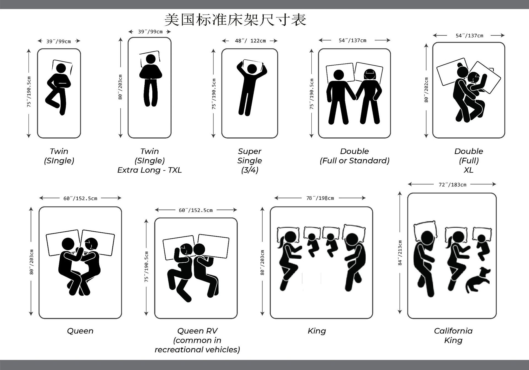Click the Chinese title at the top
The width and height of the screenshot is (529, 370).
coord(235,20)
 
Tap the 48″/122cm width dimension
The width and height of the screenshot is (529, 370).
coord(250,41)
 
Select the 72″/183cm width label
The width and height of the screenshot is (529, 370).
coord(452,185)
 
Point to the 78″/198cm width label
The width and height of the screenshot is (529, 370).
coord(320,198)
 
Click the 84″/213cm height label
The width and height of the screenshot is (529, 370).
coord(400,253)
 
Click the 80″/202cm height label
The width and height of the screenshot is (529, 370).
coord(426,90)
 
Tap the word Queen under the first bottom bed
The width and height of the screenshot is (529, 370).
coord(80,331)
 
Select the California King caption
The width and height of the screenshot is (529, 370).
coord(453,335)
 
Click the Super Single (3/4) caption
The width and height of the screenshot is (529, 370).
coord(250,160)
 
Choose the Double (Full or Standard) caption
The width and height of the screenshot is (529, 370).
coord(354,156)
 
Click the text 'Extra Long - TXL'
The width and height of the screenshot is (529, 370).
coord(150,170)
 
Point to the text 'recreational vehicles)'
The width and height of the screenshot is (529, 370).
coord(197,350)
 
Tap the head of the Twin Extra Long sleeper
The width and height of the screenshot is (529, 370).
coord(150,59)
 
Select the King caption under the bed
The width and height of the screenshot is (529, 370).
coord(317,331)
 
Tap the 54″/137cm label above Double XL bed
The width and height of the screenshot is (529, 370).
coord(469,36)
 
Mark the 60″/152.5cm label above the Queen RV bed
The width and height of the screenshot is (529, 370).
coord(196,210)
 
